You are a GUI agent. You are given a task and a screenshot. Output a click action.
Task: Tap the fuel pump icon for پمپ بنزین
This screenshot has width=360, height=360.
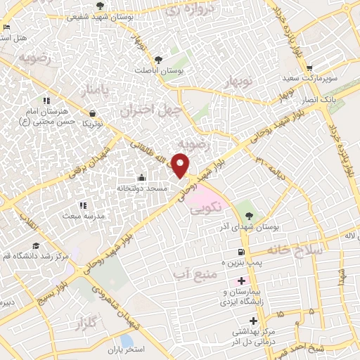(242, 252)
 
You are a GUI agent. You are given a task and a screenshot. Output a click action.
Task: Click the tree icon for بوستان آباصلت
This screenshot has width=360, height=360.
(158, 59)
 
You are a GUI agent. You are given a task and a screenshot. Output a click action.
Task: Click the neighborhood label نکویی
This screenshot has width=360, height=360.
(225, 207)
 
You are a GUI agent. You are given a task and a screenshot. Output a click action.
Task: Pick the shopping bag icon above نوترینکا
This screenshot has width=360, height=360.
(93, 112)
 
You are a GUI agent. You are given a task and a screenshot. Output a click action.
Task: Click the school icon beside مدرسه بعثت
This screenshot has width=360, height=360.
(83, 206)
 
